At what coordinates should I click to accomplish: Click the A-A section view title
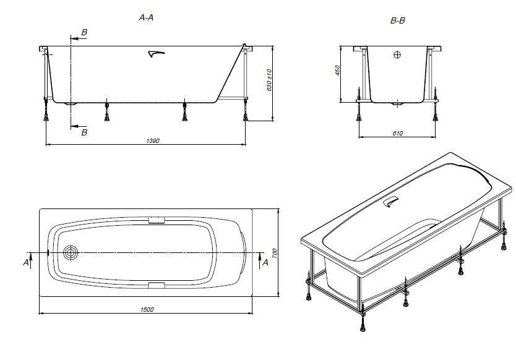tap(146, 17)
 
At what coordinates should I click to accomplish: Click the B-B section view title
tap(398, 21)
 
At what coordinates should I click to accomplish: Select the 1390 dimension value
tap(153, 141)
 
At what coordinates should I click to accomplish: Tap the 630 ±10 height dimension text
tap(269, 80)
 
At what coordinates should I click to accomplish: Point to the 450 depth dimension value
tap(337, 71)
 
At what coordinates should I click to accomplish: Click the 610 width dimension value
tap(398, 133)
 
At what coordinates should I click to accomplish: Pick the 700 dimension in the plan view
tap(275, 253)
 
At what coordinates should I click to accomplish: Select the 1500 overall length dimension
tap(147, 310)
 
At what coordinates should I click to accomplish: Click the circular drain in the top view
tap(71, 253)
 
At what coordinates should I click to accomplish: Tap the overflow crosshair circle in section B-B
tap(397, 54)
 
